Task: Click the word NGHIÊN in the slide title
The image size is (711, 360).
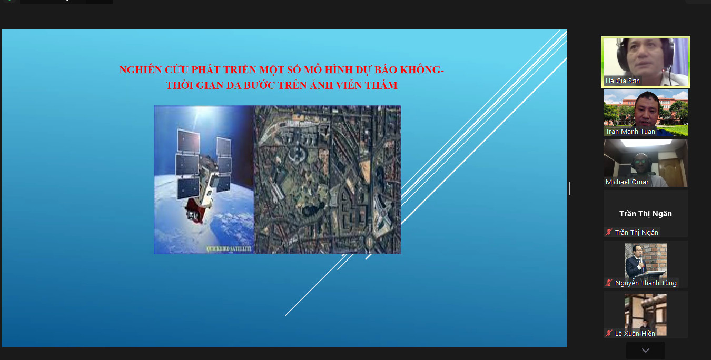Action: (x=141, y=70)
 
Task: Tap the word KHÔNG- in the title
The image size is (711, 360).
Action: (x=422, y=70)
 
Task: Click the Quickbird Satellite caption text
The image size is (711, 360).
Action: (x=229, y=249)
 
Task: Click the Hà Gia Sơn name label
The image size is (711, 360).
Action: (x=623, y=81)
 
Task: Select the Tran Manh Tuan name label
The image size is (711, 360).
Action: (x=630, y=131)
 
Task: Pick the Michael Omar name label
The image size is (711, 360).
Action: (x=627, y=182)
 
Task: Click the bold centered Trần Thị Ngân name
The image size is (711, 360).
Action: (x=645, y=214)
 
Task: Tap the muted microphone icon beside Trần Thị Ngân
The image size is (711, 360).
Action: (x=608, y=232)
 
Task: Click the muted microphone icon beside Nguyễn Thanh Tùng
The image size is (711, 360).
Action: (x=608, y=283)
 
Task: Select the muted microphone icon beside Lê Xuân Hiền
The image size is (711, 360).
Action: (x=608, y=333)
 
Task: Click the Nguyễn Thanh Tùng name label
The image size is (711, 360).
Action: (x=646, y=283)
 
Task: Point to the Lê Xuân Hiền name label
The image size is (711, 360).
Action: (x=635, y=333)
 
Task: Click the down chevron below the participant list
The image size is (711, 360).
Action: (x=646, y=351)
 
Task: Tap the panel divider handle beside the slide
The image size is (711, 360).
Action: (x=570, y=188)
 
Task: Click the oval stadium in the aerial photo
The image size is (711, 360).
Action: (x=297, y=154)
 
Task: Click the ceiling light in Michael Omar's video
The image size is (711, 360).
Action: (x=646, y=143)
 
